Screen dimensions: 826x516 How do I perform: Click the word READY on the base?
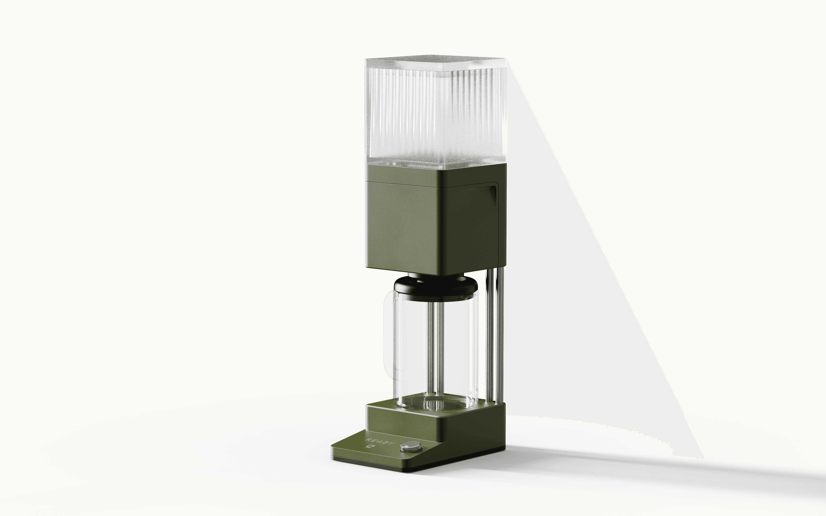(380, 442)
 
